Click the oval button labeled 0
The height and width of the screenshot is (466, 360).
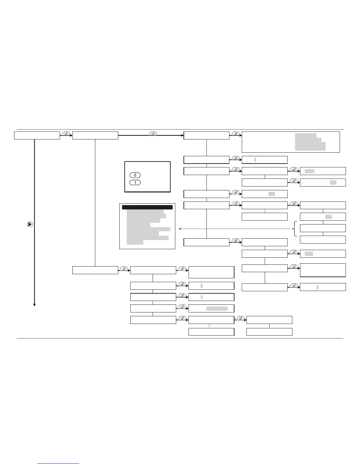point(135,175)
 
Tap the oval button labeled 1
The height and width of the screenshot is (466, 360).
point(135,182)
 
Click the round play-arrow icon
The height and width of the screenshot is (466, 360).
point(30,224)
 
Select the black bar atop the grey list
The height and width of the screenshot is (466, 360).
point(147,207)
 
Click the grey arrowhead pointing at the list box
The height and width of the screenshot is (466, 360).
point(180,229)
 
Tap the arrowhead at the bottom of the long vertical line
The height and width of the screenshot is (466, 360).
point(34,305)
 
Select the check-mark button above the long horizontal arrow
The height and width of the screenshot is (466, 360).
point(153,134)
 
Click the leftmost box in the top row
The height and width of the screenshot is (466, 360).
point(37,135)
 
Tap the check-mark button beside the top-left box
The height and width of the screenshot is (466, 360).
point(66,134)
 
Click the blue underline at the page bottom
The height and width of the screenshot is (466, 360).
point(58,464)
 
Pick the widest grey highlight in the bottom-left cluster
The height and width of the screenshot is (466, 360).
point(217,309)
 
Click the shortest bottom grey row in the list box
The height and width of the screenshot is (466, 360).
point(135,242)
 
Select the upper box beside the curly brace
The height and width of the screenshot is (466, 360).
point(323,228)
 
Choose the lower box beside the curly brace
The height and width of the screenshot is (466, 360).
point(323,239)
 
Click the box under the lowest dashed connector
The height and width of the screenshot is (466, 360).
point(211,332)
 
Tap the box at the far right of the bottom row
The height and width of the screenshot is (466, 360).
point(269,332)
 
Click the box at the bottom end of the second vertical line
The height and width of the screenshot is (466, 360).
point(95,270)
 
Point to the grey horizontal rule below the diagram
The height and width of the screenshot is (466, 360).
point(180,338)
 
